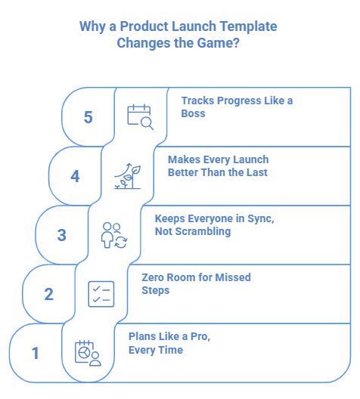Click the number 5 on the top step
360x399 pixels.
point(88,117)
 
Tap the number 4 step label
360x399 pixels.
point(75,176)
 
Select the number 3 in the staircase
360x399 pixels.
point(62,235)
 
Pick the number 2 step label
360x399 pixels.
point(48,294)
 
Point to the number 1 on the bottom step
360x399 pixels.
point(36,353)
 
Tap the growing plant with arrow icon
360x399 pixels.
point(126,175)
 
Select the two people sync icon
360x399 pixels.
point(114,234)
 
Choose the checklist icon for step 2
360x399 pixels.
point(101,293)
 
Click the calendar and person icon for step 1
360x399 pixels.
point(88,353)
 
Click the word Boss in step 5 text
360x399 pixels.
point(194,113)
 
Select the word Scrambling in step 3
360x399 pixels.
point(203,232)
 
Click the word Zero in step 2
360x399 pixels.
point(155,277)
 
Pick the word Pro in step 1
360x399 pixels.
point(194,336)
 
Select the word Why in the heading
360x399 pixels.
point(92,26)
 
